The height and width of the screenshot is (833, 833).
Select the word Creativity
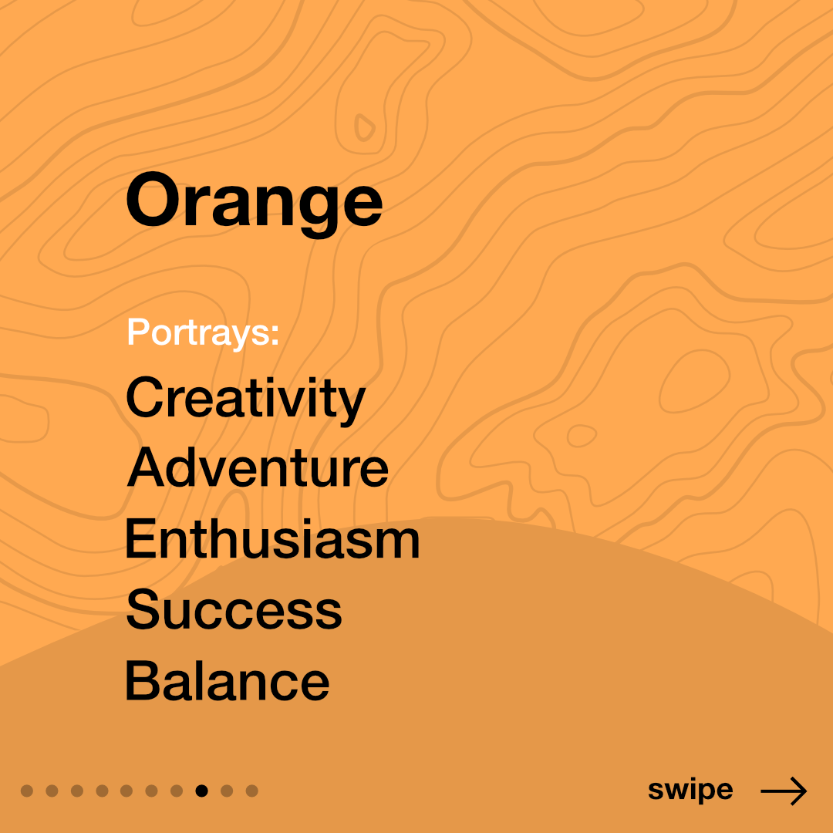tap(245, 400)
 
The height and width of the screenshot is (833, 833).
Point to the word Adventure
tap(258, 467)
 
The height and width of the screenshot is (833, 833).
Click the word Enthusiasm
tap(272, 538)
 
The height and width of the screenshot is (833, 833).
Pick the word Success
tap(234, 609)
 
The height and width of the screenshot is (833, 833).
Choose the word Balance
tap(227, 680)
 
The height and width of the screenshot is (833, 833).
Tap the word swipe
tap(690, 791)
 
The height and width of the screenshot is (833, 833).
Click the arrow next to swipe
tap(784, 791)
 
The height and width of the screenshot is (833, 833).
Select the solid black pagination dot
tap(201, 791)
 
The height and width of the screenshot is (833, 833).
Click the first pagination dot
tap(26, 791)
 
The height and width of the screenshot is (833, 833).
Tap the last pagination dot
tap(251, 791)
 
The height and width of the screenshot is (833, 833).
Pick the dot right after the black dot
tap(227, 791)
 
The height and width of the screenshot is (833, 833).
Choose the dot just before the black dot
tap(177, 791)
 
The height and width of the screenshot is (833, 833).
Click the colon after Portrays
tap(275, 335)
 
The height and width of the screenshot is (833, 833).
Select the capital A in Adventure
tap(146, 467)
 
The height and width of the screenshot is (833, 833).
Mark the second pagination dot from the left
tap(52, 791)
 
